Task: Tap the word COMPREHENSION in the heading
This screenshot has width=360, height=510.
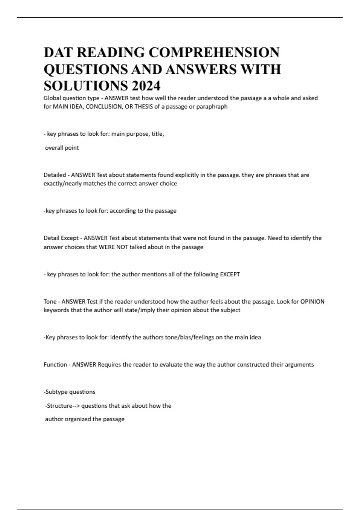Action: [214, 52]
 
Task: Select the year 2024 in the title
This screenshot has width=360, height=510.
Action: [145, 86]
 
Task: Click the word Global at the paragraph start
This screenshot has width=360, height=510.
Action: [52, 98]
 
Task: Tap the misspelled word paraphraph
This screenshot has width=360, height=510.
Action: [212, 106]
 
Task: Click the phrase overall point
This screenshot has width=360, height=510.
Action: [62, 148]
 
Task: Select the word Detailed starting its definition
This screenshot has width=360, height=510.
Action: [55, 175]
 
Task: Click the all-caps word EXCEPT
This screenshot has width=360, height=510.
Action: [230, 274]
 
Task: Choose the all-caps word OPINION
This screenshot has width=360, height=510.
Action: [312, 301]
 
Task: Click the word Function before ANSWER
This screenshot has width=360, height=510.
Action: [55, 364]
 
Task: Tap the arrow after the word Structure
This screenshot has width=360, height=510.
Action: [76, 406]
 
